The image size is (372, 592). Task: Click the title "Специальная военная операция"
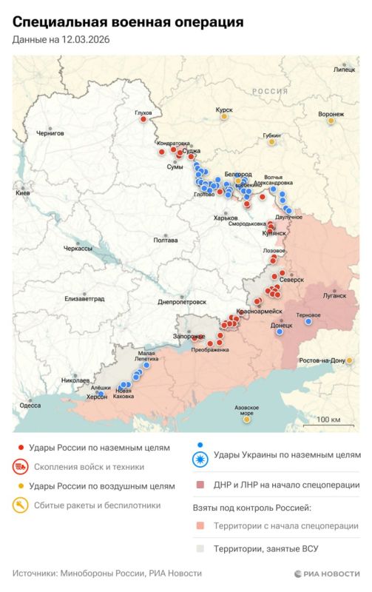tap(127, 22)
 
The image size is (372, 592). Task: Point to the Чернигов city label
tap(50, 133)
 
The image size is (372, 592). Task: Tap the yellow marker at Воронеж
tap(331, 124)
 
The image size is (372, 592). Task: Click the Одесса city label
tap(30, 406)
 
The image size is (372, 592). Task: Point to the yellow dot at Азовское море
tap(246, 420)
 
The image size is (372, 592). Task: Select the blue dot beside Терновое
tap(308, 321)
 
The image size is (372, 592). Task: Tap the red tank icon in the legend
tap(20, 467)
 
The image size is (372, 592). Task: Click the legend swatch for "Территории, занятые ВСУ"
tap(200, 548)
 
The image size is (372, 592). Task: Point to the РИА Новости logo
tap(326, 573)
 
